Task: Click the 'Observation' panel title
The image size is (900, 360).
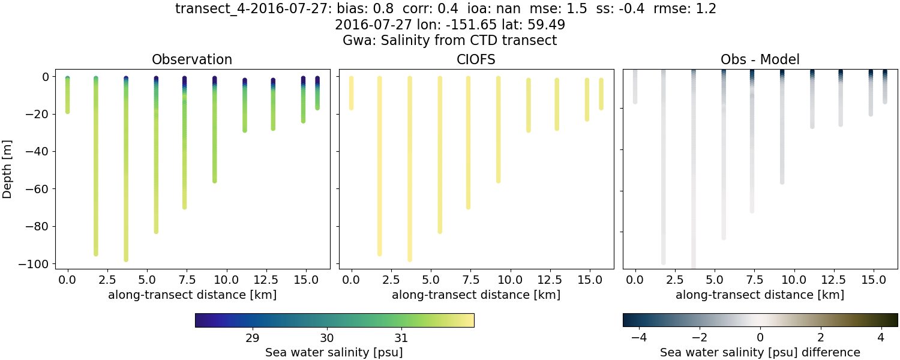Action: point(192,59)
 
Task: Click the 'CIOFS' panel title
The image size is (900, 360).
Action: point(476,59)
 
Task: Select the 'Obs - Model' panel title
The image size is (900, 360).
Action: point(760,59)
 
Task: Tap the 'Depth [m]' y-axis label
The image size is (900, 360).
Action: point(8,167)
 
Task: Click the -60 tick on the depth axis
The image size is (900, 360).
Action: point(39,189)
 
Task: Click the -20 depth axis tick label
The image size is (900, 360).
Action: point(39,114)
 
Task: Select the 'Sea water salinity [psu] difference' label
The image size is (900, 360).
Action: point(760,352)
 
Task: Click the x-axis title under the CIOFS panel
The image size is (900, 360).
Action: point(476,295)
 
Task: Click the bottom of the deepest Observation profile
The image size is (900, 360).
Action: point(126,259)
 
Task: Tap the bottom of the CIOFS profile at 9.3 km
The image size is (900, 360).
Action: point(498,181)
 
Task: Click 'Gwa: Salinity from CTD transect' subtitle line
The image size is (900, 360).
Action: point(449,41)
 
